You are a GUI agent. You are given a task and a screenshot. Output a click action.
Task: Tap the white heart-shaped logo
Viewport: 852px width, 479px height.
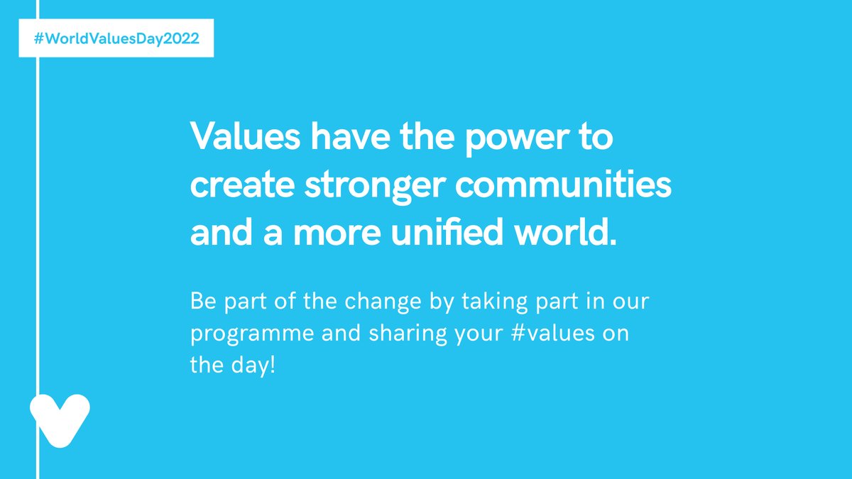click(x=60, y=420)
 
